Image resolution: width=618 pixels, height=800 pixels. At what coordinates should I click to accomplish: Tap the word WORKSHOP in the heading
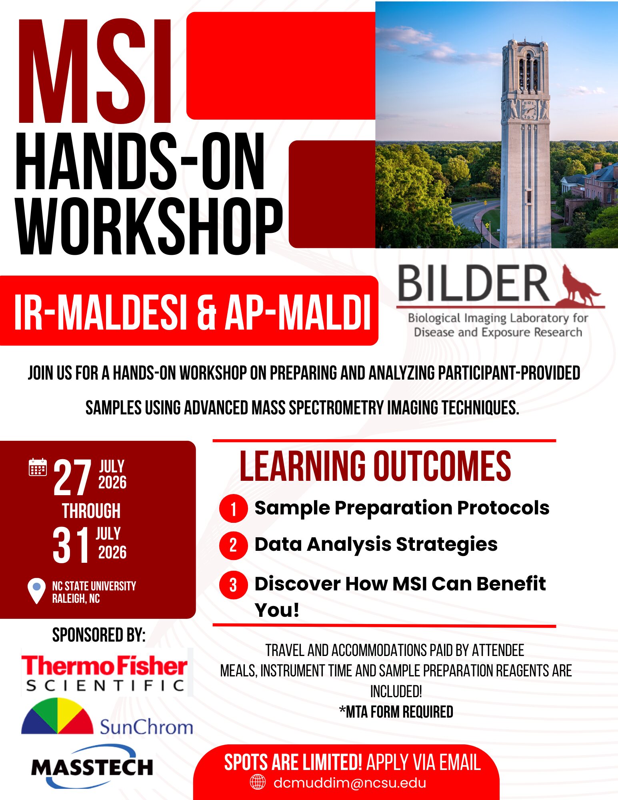pyautogui.click(x=149, y=227)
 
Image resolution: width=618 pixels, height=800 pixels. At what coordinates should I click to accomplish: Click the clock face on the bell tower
pyautogui.click(x=529, y=108)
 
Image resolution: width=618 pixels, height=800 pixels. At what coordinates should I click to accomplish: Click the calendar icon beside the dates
pyautogui.click(x=38, y=467)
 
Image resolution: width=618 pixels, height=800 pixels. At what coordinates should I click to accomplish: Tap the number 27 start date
pyautogui.click(x=72, y=477)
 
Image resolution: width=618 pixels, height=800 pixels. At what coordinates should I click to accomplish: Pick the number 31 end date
pyautogui.click(x=71, y=545)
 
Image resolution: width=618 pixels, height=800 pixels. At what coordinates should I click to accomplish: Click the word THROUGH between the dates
pyautogui.click(x=91, y=511)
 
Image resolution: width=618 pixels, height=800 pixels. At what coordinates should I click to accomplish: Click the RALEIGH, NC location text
pyautogui.click(x=76, y=599)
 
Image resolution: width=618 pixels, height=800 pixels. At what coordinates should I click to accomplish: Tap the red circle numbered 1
pyautogui.click(x=233, y=509)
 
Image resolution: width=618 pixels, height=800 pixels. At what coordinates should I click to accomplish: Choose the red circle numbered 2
pyautogui.click(x=233, y=545)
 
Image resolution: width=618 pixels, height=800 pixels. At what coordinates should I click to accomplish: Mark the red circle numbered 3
pyautogui.click(x=233, y=585)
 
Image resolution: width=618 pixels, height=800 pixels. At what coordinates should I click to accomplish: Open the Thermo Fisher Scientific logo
pyautogui.click(x=105, y=673)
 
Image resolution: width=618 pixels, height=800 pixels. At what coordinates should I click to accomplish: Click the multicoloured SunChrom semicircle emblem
pyautogui.click(x=57, y=717)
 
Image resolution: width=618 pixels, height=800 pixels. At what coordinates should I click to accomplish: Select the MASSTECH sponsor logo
pyautogui.click(x=92, y=766)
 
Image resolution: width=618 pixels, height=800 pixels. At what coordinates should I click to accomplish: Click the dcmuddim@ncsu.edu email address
pyautogui.click(x=350, y=782)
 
